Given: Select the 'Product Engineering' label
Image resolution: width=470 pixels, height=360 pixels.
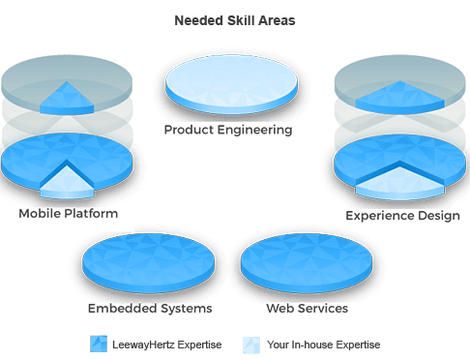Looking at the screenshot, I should pyautogui.click(x=228, y=130).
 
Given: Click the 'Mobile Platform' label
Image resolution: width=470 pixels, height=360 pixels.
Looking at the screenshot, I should pyautogui.click(x=68, y=213).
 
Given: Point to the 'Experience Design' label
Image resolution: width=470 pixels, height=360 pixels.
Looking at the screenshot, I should pyautogui.click(x=402, y=216).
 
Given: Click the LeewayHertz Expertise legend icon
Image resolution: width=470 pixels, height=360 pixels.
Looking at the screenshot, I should pyautogui.click(x=98, y=344).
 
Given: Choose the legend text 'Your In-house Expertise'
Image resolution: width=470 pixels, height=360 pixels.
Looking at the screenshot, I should pyautogui.click(x=322, y=345).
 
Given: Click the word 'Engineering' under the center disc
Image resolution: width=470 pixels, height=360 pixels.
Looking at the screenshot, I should pyautogui.click(x=257, y=130).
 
